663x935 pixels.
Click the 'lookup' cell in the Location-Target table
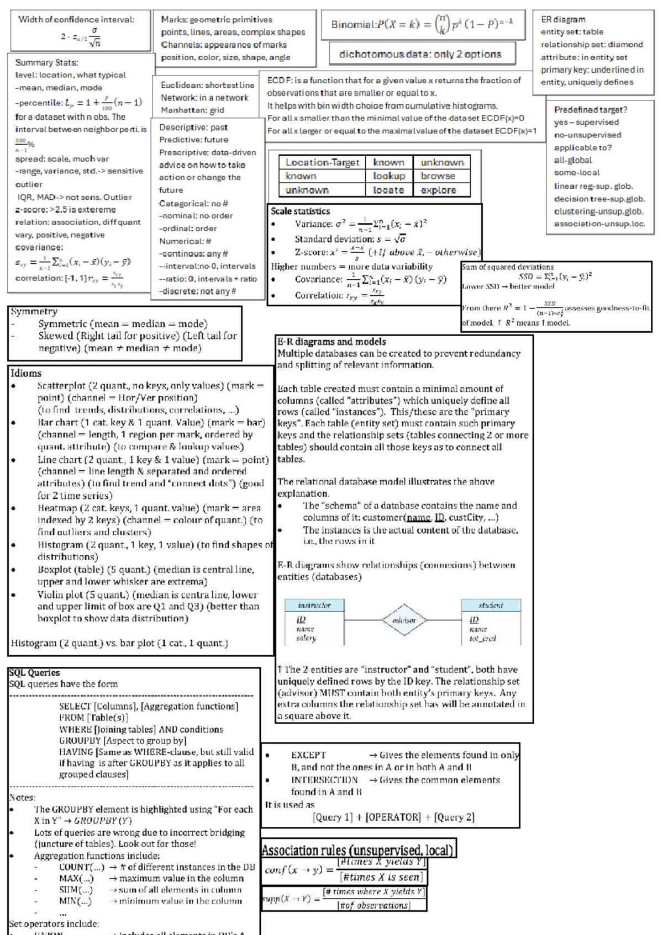tap(389, 176)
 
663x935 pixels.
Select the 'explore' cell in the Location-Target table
tap(438, 190)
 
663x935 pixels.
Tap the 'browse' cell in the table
tap(438, 176)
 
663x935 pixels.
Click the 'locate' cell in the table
tap(388, 190)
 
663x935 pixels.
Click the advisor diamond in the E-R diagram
tap(404, 620)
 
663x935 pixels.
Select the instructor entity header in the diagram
tap(314, 605)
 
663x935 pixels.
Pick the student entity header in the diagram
tap(491, 605)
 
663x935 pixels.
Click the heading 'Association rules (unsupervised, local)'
tap(357, 850)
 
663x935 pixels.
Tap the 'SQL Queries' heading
tap(34, 673)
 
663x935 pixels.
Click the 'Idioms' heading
tap(26, 373)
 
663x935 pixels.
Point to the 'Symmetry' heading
tap(34, 311)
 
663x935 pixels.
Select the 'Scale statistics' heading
tap(300, 211)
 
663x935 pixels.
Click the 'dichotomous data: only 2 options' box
tap(420, 54)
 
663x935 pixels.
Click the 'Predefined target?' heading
tap(591, 110)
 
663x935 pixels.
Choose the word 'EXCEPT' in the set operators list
tap(308, 755)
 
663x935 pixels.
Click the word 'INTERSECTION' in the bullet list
tap(324, 780)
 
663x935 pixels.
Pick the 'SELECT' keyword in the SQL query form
tap(75, 706)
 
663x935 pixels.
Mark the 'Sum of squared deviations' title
tap(507, 267)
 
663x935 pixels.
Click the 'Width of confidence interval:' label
tap(76, 20)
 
